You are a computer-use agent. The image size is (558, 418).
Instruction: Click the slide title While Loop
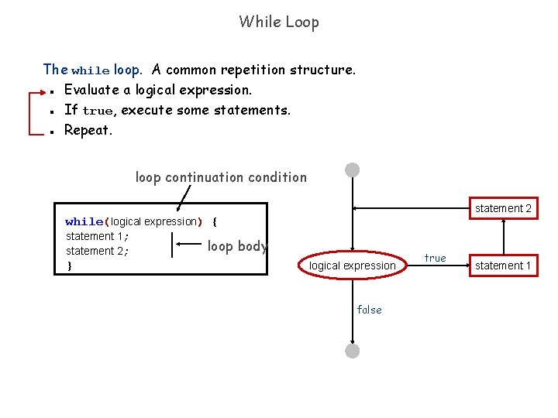click(279, 22)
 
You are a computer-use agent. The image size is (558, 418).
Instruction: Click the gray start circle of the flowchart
click(353, 170)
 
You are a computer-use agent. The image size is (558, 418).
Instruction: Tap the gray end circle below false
click(353, 351)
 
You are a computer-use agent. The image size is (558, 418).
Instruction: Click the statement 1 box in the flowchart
click(503, 266)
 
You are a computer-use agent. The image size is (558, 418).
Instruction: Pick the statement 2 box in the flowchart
click(503, 208)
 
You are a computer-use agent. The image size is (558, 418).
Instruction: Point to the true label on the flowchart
click(435, 258)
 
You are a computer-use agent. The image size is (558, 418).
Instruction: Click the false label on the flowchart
click(369, 310)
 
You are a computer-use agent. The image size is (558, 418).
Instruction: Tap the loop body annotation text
click(237, 246)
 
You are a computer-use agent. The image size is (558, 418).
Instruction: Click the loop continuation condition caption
click(221, 177)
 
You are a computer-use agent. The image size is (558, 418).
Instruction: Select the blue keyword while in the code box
click(84, 221)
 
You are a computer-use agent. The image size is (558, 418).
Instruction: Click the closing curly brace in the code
click(70, 266)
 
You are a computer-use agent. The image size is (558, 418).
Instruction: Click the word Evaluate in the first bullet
click(91, 90)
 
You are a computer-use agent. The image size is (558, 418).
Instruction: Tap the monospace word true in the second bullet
click(98, 111)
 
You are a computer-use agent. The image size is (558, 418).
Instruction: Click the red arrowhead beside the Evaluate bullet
click(43, 92)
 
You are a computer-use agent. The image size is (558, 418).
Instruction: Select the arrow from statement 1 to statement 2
click(504, 237)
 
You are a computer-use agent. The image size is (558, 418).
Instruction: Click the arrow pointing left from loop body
click(188, 244)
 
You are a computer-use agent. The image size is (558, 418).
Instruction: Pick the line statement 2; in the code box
click(97, 251)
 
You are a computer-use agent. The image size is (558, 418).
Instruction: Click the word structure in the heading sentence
click(322, 70)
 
